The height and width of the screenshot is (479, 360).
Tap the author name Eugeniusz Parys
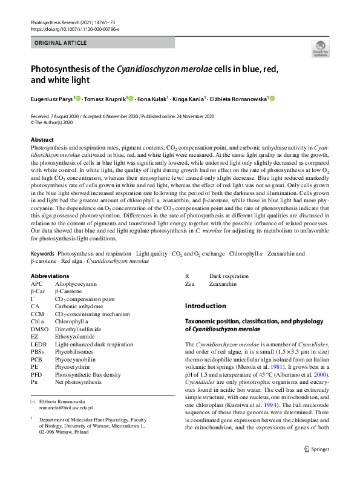pos(51,99)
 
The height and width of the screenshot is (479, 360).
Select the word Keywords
pos(43,253)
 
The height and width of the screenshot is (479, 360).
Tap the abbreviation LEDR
pos(39,344)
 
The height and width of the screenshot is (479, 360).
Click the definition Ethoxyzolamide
pos(76,337)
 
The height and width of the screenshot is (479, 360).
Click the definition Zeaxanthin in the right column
pos(223,283)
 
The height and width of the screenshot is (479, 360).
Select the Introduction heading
pos(206,306)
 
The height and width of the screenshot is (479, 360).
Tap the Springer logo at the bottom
pos(316,465)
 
